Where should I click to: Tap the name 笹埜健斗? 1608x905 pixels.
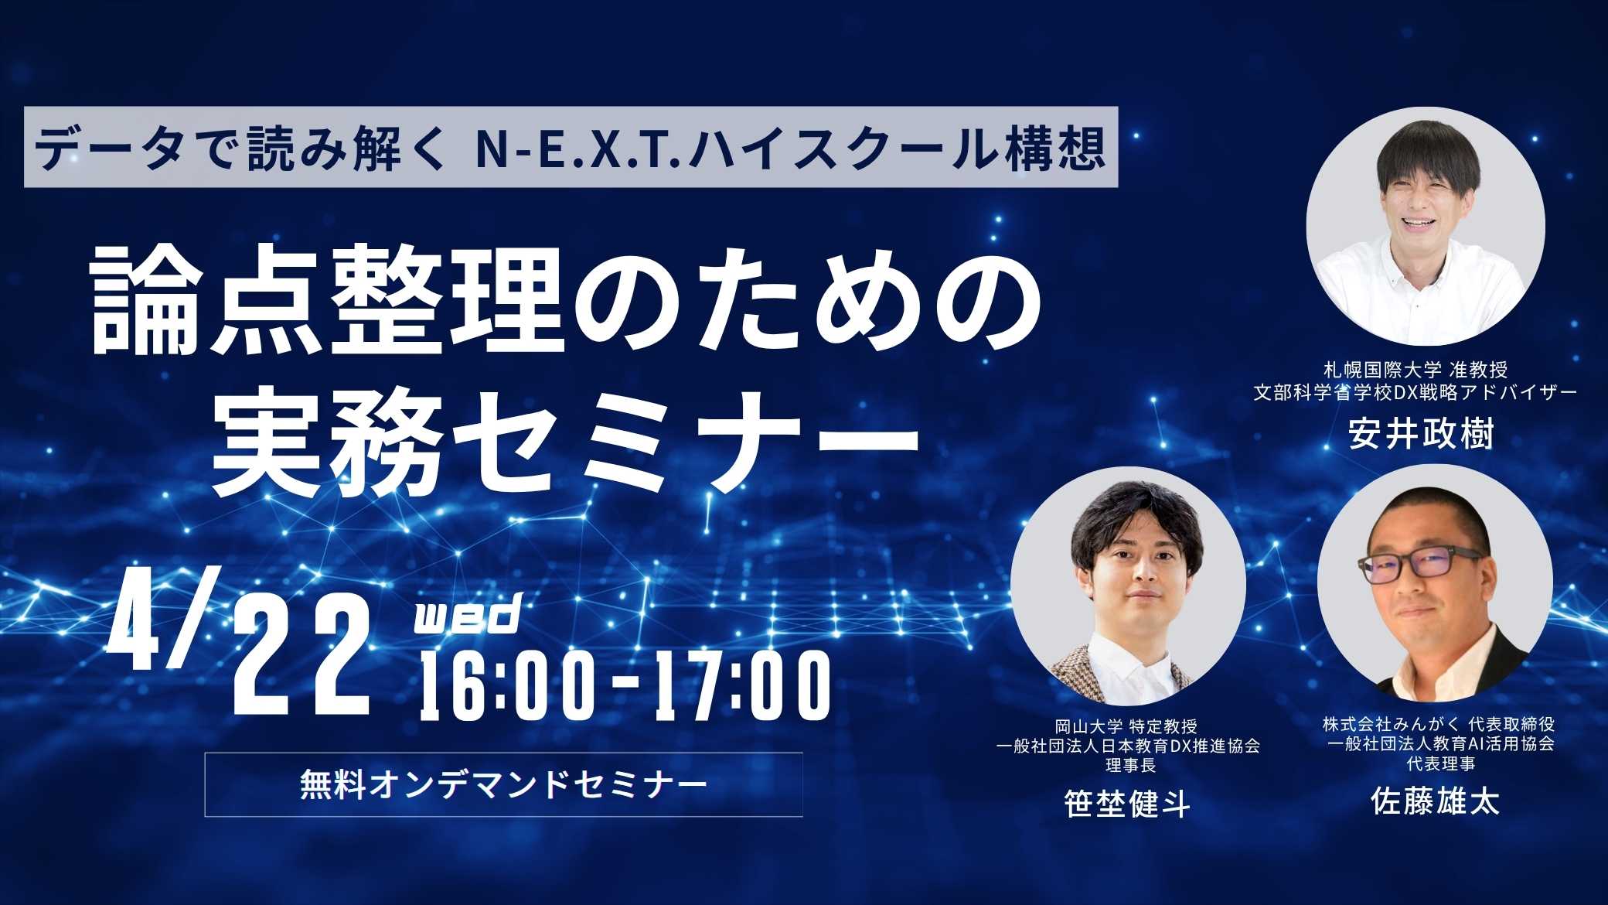click(1127, 804)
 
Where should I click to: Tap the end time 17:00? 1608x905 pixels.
click(738, 685)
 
